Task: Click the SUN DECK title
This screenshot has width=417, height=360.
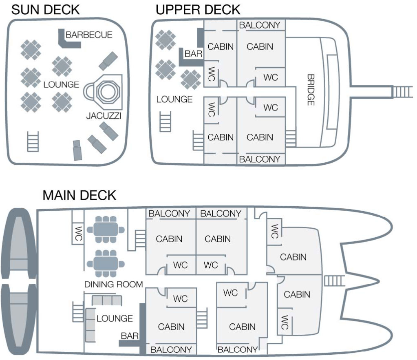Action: pos(45,9)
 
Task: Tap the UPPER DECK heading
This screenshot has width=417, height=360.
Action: pos(198,9)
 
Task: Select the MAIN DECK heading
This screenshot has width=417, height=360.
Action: pos(79,195)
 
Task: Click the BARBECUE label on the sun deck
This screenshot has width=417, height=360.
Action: pos(89,35)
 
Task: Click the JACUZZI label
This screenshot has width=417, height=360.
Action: pos(104,116)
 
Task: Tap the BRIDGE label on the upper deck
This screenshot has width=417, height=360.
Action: pos(311,90)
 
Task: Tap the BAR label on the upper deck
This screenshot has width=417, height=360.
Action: pos(191,53)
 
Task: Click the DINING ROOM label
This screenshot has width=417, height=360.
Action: pos(113,284)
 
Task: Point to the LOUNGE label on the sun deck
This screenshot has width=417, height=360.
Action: pos(61,85)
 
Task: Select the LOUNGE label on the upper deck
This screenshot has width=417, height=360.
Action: pos(174,99)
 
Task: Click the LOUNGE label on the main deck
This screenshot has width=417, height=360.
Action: pos(115,318)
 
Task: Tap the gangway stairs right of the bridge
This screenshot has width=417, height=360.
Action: pos(399,91)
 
